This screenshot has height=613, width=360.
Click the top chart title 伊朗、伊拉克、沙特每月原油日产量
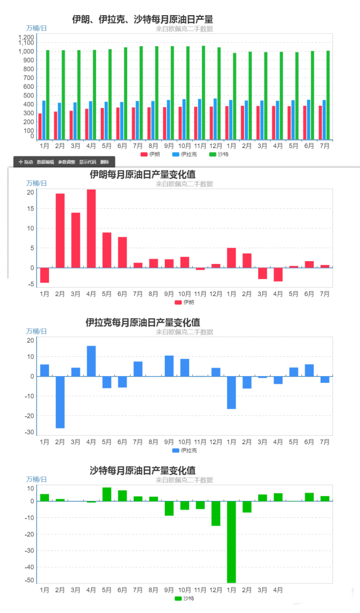tap(142, 20)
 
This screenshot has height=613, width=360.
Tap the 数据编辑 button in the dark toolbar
tap(45, 162)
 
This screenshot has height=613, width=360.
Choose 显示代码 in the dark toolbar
tap(87, 162)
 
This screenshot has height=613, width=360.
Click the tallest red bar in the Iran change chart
tap(91, 229)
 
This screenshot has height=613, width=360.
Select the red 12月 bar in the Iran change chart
tap(216, 266)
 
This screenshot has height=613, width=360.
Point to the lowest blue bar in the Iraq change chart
tap(60, 402)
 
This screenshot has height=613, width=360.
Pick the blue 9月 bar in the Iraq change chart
tap(169, 366)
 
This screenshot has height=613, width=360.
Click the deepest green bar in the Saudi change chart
tap(232, 542)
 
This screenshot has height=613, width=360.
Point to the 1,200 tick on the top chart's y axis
tap(26, 37)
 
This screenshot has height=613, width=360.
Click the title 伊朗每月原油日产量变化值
tap(142, 174)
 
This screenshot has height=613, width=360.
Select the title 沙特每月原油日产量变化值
tap(142, 471)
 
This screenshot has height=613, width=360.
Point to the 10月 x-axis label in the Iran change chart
tap(184, 294)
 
